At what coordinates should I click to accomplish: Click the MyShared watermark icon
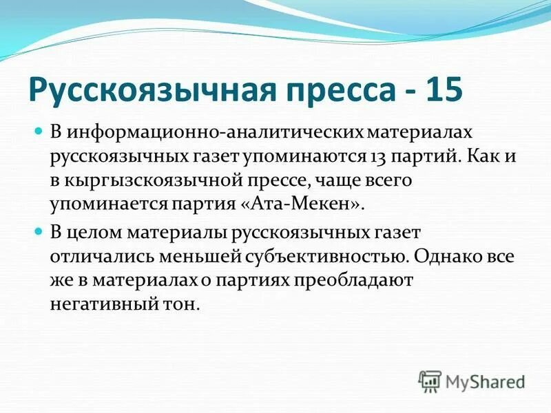point(430,381)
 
